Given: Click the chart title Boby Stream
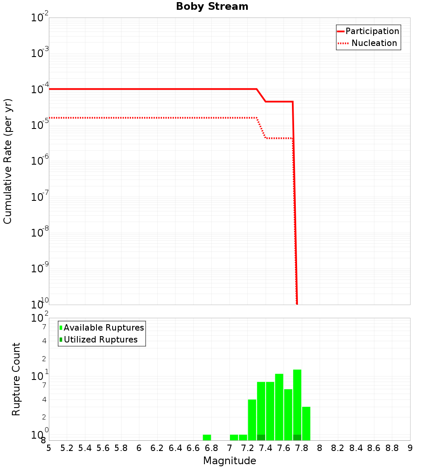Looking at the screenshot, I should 212,6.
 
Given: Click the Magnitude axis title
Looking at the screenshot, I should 229,461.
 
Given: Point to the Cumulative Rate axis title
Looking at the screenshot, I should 8,161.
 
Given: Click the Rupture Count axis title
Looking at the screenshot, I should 16,379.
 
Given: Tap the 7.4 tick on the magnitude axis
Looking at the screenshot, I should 266,448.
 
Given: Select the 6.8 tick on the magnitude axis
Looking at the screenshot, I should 211,448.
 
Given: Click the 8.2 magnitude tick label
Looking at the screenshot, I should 338,448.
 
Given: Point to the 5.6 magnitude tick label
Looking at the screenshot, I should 103,448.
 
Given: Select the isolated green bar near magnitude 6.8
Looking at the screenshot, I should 207,437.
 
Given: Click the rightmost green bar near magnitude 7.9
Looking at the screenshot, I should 306,423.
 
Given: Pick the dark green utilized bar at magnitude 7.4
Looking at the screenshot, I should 261,437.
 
